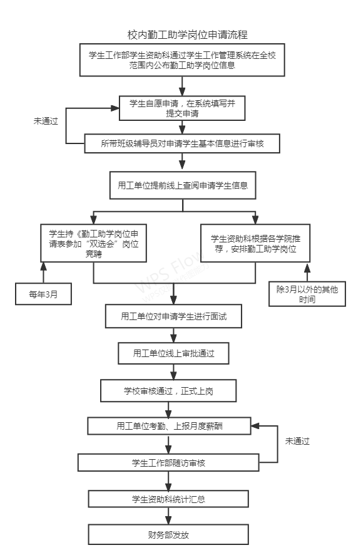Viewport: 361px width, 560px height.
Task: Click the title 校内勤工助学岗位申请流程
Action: coord(187,34)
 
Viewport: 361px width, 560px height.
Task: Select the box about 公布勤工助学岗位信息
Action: coord(182,60)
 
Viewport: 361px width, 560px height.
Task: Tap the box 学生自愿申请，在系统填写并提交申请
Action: coord(182,108)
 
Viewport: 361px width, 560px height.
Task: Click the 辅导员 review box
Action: coord(182,143)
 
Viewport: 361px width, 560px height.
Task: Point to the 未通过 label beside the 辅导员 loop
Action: coord(46,121)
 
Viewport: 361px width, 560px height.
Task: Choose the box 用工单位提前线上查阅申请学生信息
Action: coord(183,185)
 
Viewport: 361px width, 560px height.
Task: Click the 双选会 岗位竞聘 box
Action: coord(93,243)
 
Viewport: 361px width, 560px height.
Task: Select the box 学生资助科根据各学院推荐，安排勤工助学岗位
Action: coord(255,243)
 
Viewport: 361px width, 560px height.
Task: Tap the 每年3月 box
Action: coord(43,294)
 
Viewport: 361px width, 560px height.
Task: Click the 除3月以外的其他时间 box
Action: coord(307,294)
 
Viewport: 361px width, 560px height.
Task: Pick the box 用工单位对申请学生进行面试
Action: coord(173,316)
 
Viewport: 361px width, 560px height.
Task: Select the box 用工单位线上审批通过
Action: coord(173,353)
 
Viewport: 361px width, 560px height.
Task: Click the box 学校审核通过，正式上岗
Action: coord(168,391)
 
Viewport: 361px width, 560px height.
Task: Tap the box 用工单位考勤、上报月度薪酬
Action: coord(169,426)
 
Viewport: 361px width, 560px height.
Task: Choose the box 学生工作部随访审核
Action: coord(168,462)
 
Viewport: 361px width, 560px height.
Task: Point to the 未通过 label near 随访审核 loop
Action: coord(297,441)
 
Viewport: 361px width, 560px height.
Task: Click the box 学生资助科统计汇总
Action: coord(168,499)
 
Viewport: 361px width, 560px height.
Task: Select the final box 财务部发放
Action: coord(168,534)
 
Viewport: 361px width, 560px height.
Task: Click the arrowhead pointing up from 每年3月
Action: coord(44,266)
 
